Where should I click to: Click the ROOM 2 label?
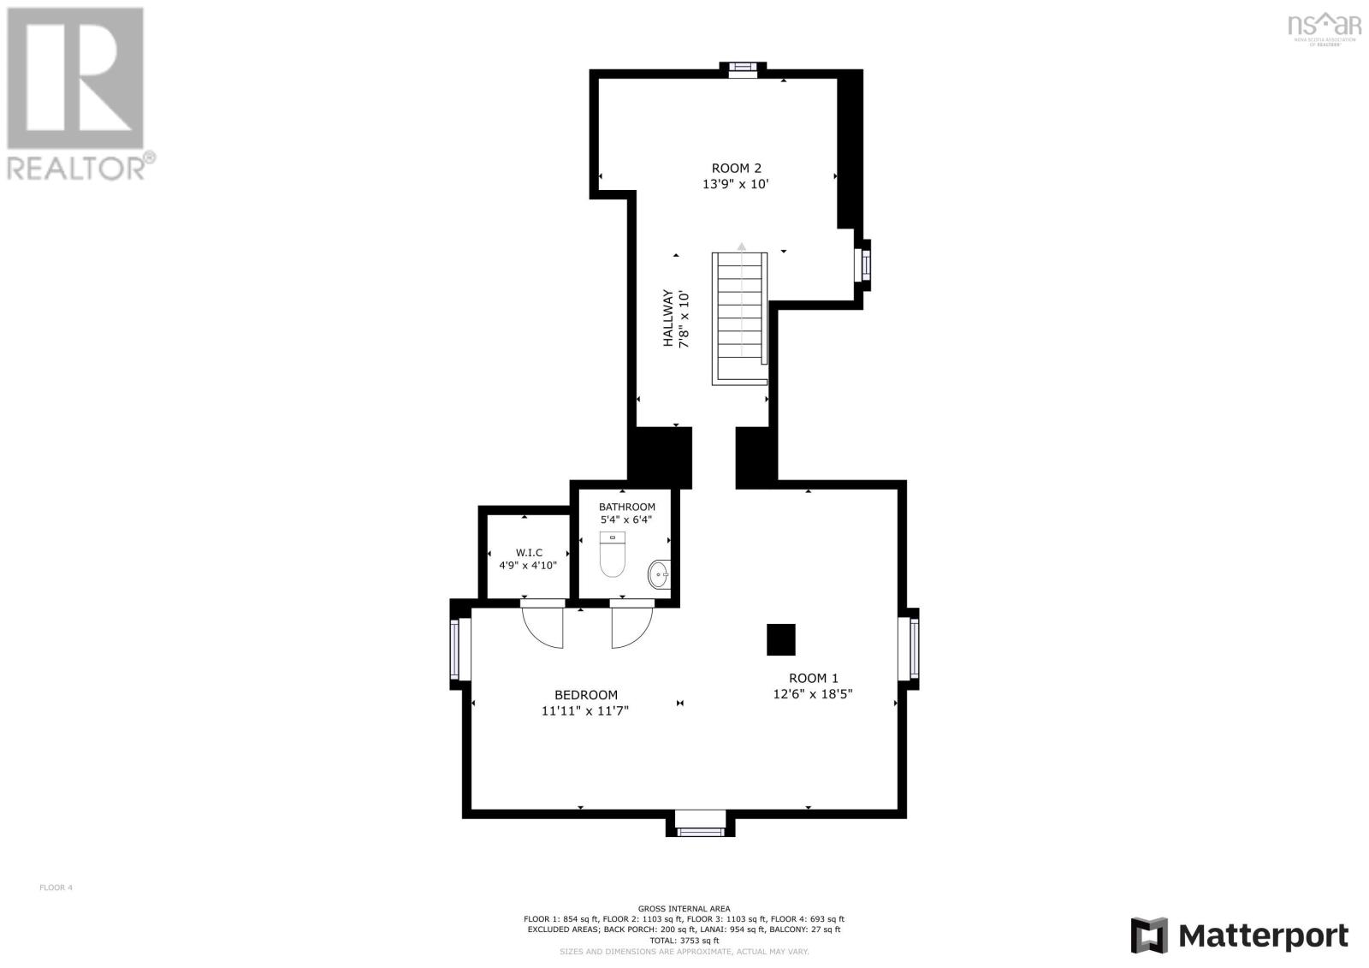tap(736, 169)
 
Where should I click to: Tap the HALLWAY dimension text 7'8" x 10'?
tap(684, 319)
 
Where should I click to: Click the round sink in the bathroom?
tap(659, 573)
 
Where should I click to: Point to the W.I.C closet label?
tap(529, 553)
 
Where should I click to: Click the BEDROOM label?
tap(585, 695)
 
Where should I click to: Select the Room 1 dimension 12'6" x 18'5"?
tap(812, 694)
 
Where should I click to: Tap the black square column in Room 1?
tap(780, 639)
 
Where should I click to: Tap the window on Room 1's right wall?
tap(914, 648)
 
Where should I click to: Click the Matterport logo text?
tap(1263, 935)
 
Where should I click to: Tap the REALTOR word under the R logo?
tap(75, 167)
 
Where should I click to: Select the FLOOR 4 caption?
tap(56, 888)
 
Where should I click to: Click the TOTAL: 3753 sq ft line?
tap(684, 940)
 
